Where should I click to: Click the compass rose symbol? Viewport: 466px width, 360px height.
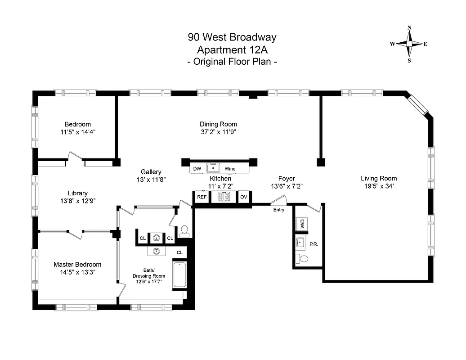click(x=409, y=44)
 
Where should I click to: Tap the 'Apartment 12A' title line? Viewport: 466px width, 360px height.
click(x=232, y=49)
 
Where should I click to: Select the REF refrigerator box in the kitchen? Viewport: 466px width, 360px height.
click(x=202, y=197)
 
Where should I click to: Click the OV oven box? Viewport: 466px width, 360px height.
click(x=244, y=197)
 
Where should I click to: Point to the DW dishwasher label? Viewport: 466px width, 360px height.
click(x=197, y=169)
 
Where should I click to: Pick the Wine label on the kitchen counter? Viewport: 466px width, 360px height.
click(x=230, y=169)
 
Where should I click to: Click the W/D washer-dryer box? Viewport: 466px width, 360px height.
click(x=300, y=223)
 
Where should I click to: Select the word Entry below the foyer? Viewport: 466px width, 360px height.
click(x=279, y=210)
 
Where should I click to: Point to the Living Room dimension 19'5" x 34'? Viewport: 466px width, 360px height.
click(x=379, y=186)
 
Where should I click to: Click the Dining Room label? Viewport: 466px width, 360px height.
click(x=218, y=124)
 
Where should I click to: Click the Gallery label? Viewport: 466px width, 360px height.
click(x=151, y=172)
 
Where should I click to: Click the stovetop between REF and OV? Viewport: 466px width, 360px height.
click(x=224, y=197)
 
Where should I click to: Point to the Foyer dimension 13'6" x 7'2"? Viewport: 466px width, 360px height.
click(x=286, y=186)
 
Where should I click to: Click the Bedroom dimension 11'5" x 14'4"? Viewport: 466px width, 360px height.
click(x=77, y=132)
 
